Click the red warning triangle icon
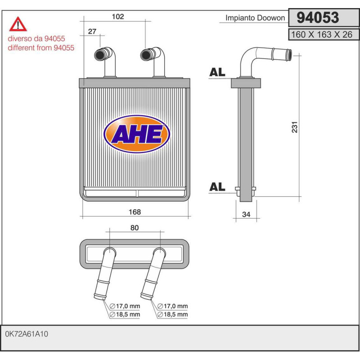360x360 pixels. click(18, 24)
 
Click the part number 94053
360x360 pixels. click(318, 18)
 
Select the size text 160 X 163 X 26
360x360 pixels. click(322, 35)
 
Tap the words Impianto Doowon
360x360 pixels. click(255, 18)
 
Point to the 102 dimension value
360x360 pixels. click(118, 17)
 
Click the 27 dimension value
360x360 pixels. click(92, 31)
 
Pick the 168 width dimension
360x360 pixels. click(135, 211)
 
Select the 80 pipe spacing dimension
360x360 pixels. click(135, 228)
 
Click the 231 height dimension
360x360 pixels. click(295, 127)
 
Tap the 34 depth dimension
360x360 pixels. click(246, 214)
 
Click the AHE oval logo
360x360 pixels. click(137, 134)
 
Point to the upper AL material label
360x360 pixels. click(217, 72)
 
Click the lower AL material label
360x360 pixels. click(217, 187)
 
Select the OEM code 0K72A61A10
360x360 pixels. click(27, 334)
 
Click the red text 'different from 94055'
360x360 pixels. click(41, 48)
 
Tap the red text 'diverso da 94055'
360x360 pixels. click(36, 38)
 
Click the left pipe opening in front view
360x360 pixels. click(100, 55)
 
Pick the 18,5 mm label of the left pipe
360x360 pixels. click(125, 314)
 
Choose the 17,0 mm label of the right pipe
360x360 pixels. click(173, 306)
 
